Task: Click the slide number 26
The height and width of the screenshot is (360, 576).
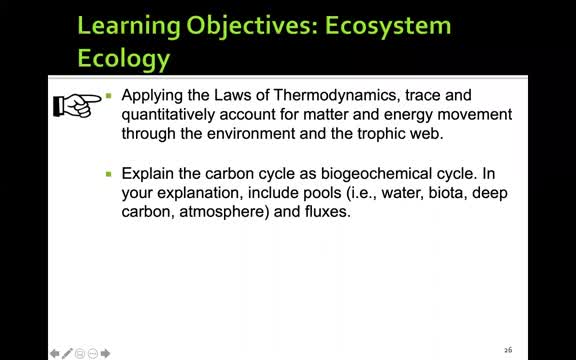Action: (508, 350)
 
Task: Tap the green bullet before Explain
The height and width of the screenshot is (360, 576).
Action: (109, 174)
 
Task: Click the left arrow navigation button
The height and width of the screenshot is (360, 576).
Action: (55, 352)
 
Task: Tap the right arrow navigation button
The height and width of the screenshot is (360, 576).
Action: (106, 352)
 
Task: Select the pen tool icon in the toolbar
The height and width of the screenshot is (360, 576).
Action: (67, 352)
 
